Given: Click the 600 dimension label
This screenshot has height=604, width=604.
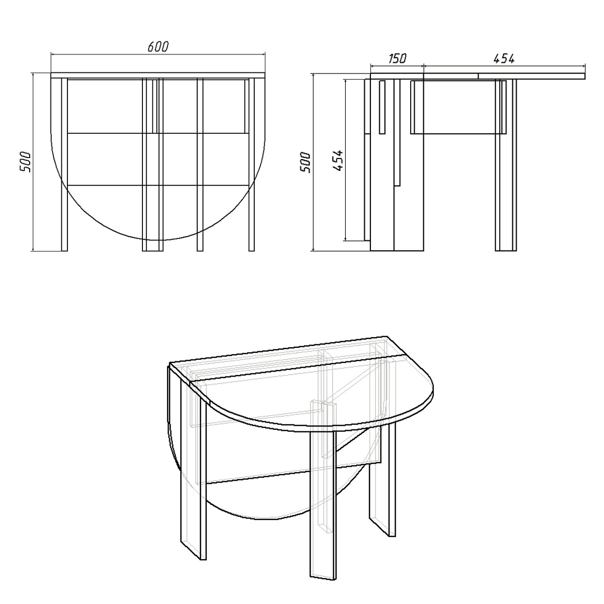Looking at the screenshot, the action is click(x=158, y=46).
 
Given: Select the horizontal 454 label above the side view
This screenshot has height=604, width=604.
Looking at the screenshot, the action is click(x=504, y=58).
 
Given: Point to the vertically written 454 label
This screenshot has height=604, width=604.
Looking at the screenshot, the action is click(x=338, y=161).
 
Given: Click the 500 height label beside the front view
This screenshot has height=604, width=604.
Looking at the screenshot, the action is click(x=25, y=162).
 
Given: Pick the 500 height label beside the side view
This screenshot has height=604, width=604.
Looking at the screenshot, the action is click(x=305, y=162).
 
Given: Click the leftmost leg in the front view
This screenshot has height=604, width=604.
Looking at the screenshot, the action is click(x=64, y=164).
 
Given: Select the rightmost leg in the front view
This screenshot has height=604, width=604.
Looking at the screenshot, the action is click(x=251, y=164).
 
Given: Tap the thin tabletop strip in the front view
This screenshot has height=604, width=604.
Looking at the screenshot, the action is click(x=158, y=75).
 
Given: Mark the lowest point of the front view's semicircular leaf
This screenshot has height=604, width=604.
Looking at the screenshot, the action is click(x=158, y=240).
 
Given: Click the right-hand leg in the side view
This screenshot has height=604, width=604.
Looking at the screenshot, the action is click(x=505, y=165).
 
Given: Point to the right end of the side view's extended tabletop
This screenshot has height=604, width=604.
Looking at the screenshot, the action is click(x=585, y=76).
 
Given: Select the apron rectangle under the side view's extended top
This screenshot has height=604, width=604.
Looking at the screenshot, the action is click(x=458, y=107).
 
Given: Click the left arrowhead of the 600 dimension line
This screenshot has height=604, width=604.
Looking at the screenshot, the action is click(x=53, y=54).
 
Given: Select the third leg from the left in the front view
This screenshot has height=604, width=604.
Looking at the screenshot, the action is click(x=200, y=164).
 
